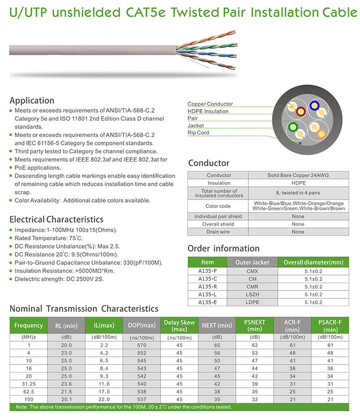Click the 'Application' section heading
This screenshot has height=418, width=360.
coord(32,101)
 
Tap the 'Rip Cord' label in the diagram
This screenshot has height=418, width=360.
coord(199,133)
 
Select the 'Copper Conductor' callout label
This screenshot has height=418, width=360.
coord(210,104)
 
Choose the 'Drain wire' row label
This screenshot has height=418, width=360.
coord(219,232)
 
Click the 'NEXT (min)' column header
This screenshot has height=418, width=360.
coord(217,325)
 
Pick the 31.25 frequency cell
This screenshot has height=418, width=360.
coord(29,384)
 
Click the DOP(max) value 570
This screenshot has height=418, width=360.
coord(141,345)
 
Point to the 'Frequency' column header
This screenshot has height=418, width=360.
coord(29,325)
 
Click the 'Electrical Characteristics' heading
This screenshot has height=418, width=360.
coord(57,219)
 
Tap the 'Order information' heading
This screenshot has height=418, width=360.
coord(223,248)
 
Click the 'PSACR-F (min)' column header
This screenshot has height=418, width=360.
coord(330,325)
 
